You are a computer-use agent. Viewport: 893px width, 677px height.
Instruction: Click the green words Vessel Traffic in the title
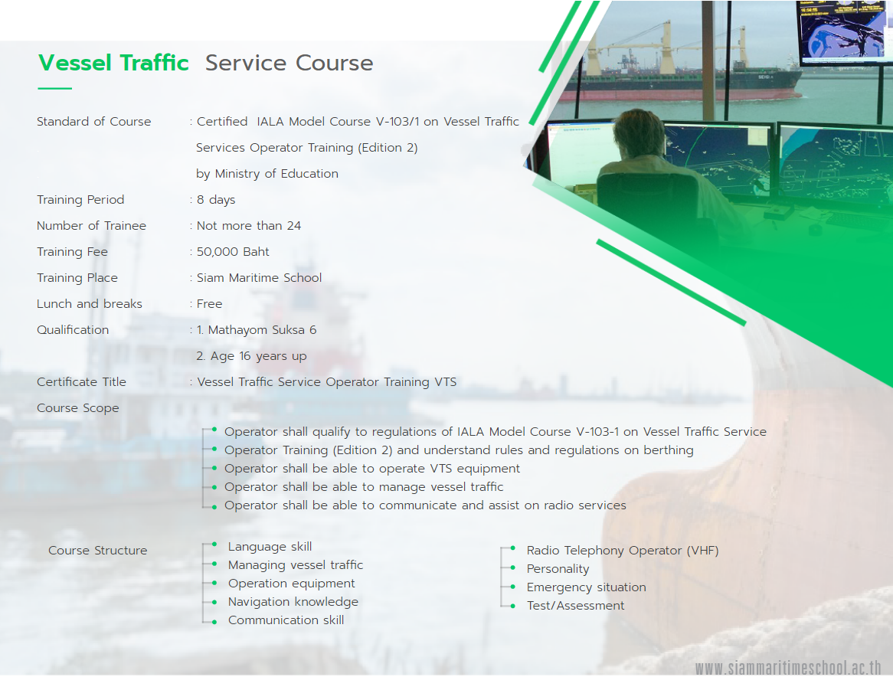pos(113,63)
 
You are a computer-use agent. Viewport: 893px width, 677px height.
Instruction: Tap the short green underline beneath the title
pos(54,88)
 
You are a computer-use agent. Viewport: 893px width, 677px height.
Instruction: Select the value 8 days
pos(216,200)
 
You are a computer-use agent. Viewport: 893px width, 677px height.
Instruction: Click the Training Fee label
pos(72,252)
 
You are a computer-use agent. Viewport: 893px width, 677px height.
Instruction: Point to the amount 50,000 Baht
pos(233,252)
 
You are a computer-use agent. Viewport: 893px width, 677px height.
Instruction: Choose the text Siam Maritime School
pos(259,278)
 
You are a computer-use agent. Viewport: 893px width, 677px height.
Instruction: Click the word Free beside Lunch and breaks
pos(210,304)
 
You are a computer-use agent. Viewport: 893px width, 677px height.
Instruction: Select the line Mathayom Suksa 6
pos(257,330)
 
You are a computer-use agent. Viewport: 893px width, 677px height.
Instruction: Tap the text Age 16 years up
pos(252,356)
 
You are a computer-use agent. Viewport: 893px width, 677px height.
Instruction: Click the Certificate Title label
pos(81,382)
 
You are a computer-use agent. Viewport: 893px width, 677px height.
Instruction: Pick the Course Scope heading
pos(78,408)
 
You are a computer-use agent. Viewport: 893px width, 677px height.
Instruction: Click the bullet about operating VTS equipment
pos(372,469)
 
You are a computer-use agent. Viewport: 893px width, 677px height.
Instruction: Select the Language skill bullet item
pos(270,547)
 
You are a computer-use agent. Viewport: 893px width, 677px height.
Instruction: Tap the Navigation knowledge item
pos(293,602)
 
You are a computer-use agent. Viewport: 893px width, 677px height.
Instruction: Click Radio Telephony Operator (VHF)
pos(623,551)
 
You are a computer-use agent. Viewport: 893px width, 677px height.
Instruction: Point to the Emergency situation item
pos(586,587)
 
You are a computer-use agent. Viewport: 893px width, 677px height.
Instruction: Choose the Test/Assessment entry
pos(575,606)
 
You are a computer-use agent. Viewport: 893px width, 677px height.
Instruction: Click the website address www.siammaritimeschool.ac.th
pos(788,667)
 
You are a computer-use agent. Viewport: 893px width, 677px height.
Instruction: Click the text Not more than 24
pos(249,226)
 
